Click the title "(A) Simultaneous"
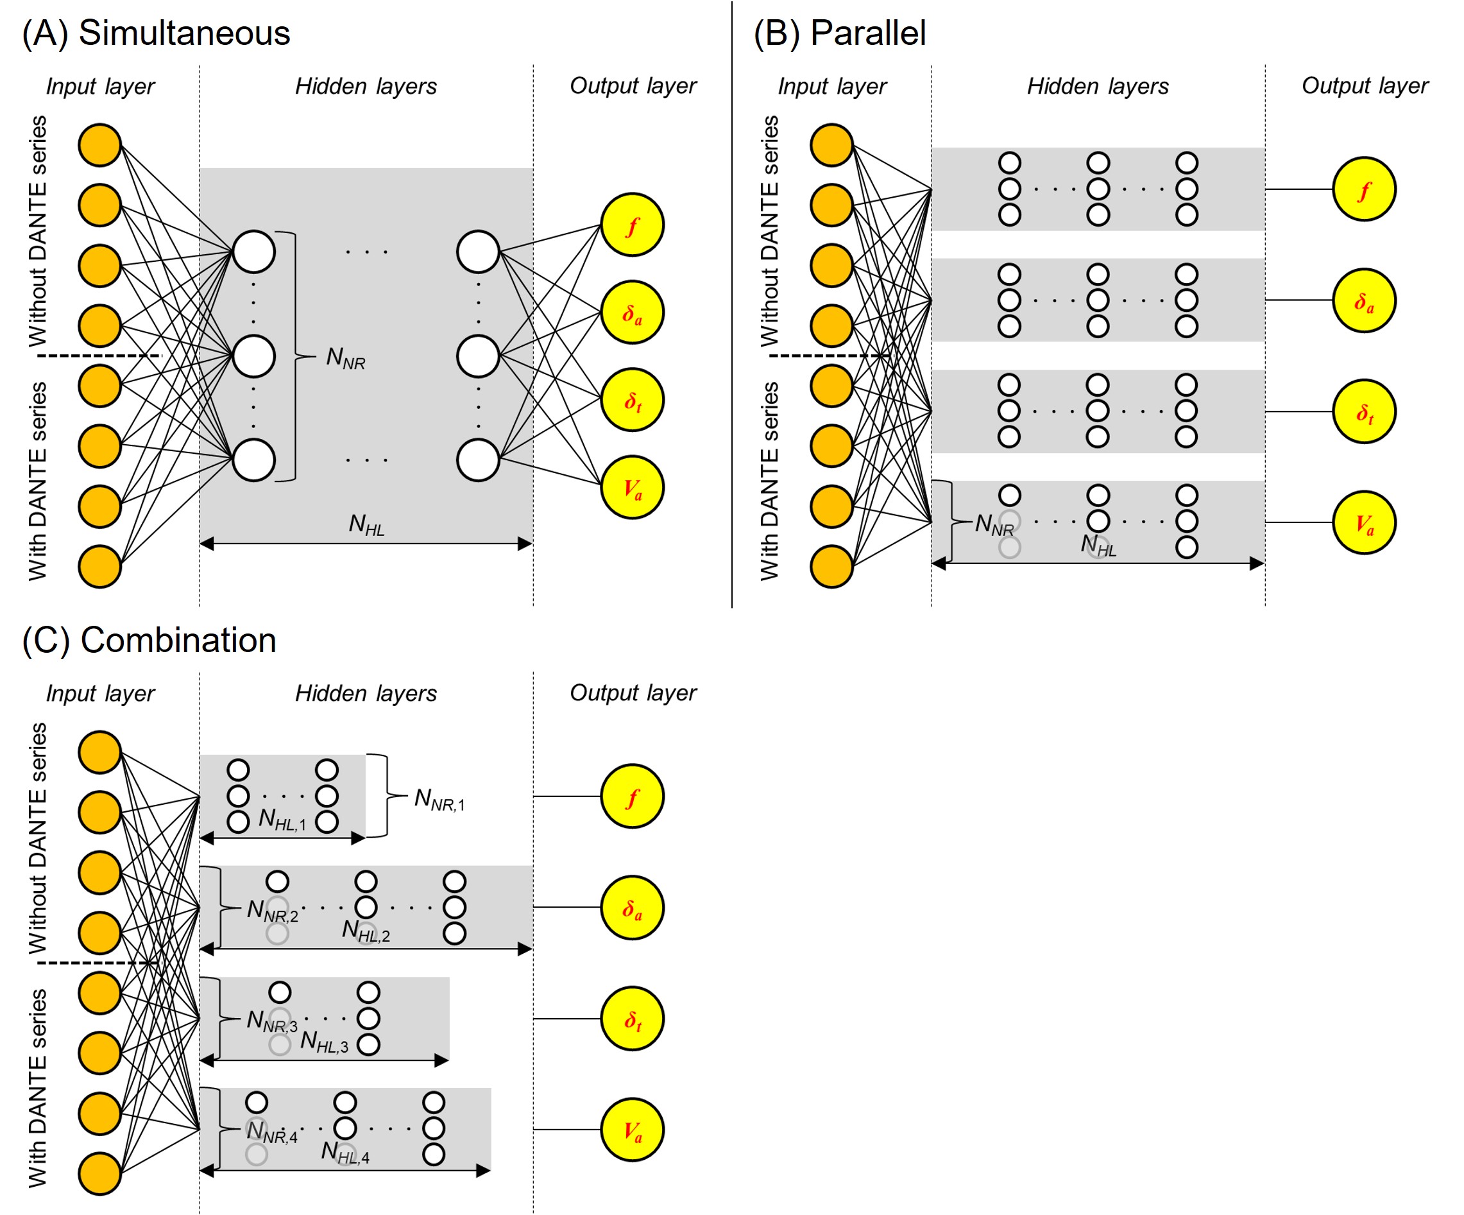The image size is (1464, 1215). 155,33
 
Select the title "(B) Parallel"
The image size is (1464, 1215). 839,33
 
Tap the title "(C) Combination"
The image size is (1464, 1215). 149,641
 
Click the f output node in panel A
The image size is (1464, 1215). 632,225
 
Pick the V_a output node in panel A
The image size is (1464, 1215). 632,488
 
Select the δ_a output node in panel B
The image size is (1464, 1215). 1364,300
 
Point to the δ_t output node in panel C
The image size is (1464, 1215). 632,1019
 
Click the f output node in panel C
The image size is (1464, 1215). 632,797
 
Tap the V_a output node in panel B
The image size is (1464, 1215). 1364,522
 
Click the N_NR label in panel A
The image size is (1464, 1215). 346,359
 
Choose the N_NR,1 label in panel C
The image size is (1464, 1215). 439,799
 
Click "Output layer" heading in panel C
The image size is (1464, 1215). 633,693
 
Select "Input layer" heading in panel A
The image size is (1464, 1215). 100,87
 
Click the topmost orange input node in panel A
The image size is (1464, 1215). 99,145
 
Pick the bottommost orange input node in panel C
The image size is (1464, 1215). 99,1174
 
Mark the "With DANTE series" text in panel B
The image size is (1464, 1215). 770,481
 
